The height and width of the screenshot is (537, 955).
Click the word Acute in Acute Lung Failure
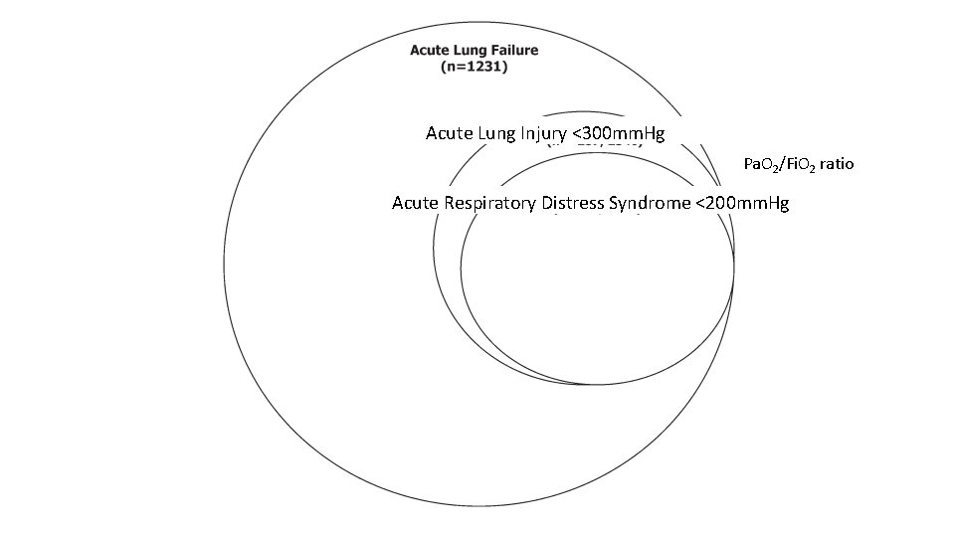pyautogui.click(x=429, y=50)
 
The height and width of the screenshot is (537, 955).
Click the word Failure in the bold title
pyautogui.click(x=510, y=50)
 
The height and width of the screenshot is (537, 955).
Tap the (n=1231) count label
pyautogui.click(x=475, y=68)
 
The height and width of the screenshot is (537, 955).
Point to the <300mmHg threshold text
pyautogui.click(x=620, y=133)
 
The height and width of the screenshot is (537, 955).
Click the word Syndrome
pyautogui.click(x=652, y=204)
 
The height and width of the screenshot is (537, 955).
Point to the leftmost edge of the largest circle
pyautogui.click(x=224, y=265)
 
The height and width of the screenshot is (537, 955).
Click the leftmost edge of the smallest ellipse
pyautogui.click(x=461, y=268)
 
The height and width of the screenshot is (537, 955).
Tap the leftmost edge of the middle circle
pyautogui.click(x=433, y=249)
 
